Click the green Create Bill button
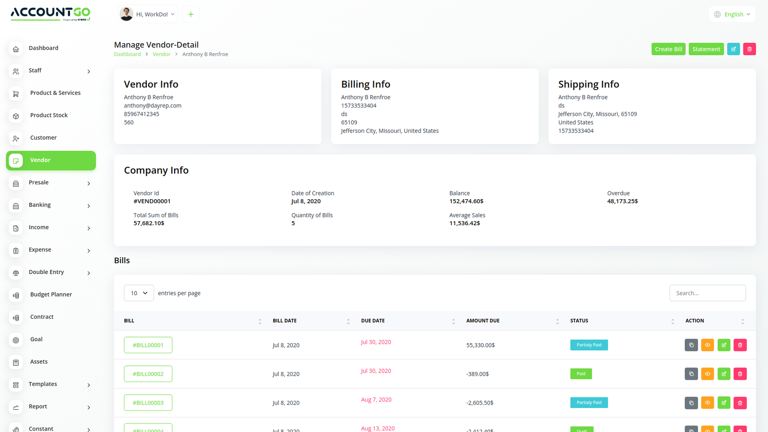coord(668,49)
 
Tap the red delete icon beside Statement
coord(749,49)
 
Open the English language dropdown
coord(732,14)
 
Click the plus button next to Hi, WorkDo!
coord(191,14)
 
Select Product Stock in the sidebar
coord(48,115)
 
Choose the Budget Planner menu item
coord(51,294)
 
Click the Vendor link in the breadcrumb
coord(161,54)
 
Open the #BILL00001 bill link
coord(148,345)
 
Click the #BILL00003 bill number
coord(148,403)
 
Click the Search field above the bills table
coord(707,293)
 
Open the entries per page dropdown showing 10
coord(139,293)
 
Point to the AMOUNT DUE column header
coord(483,321)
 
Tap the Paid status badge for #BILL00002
coord(581,374)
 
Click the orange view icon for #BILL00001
coord(708,345)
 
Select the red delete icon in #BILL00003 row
coord(740,403)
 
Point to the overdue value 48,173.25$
coord(623,202)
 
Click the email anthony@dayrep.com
coord(153,106)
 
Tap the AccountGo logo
coord(50,13)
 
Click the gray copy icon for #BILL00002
coord(691,374)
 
